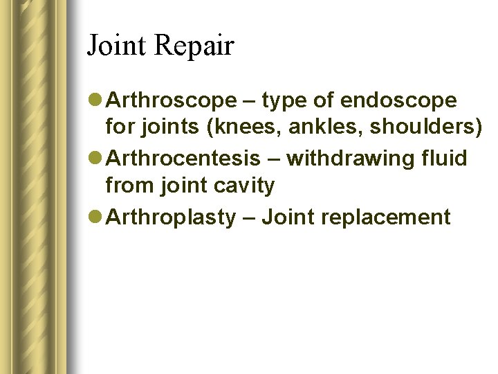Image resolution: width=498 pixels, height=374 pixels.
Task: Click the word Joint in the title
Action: (116, 46)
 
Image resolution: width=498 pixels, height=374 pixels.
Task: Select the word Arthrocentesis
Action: (183, 159)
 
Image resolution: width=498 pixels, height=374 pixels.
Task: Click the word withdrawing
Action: (353, 159)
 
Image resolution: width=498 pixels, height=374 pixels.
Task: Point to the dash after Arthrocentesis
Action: (274, 159)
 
